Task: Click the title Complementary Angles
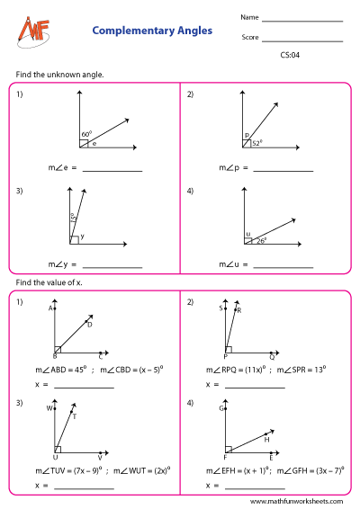(x=152, y=31)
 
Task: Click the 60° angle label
(x=86, y=134)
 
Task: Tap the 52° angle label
(x=256, y=141)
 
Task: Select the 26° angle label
(x=261, y=240)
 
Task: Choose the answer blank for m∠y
(x=112, y=267)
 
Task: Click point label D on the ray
(x=90, y=325)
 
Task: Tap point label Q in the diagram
(x=272, y=356)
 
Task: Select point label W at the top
(x=50, y=407)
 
